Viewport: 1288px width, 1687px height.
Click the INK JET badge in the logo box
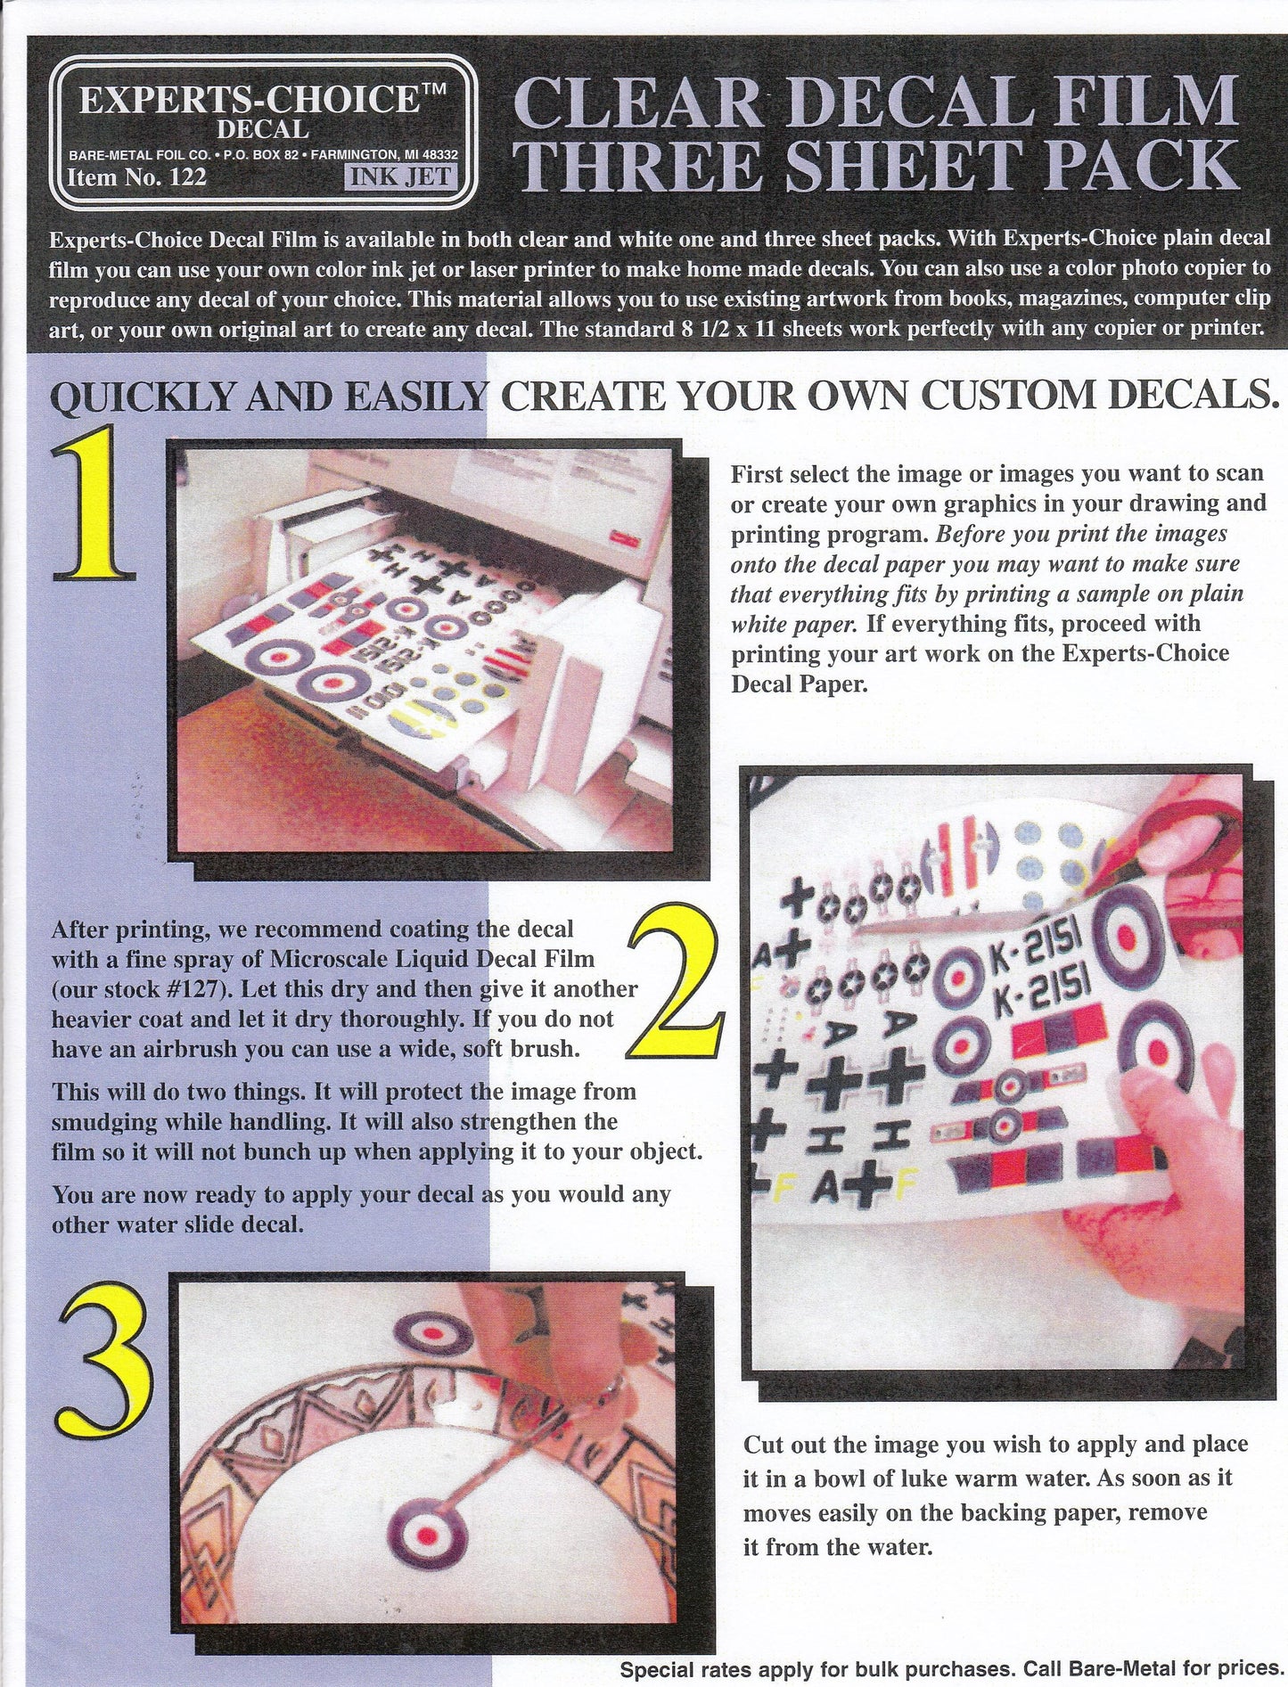(x=399, y=176)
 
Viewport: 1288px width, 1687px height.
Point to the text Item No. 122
(x=138, y=176)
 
